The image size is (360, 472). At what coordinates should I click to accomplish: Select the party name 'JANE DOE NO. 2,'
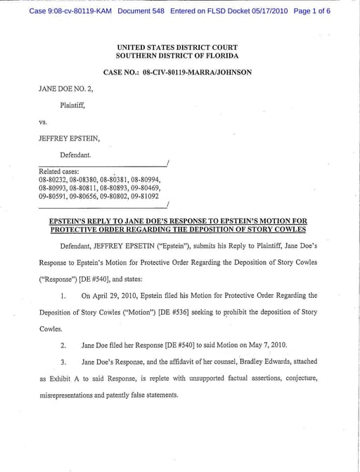click(63, 90)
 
